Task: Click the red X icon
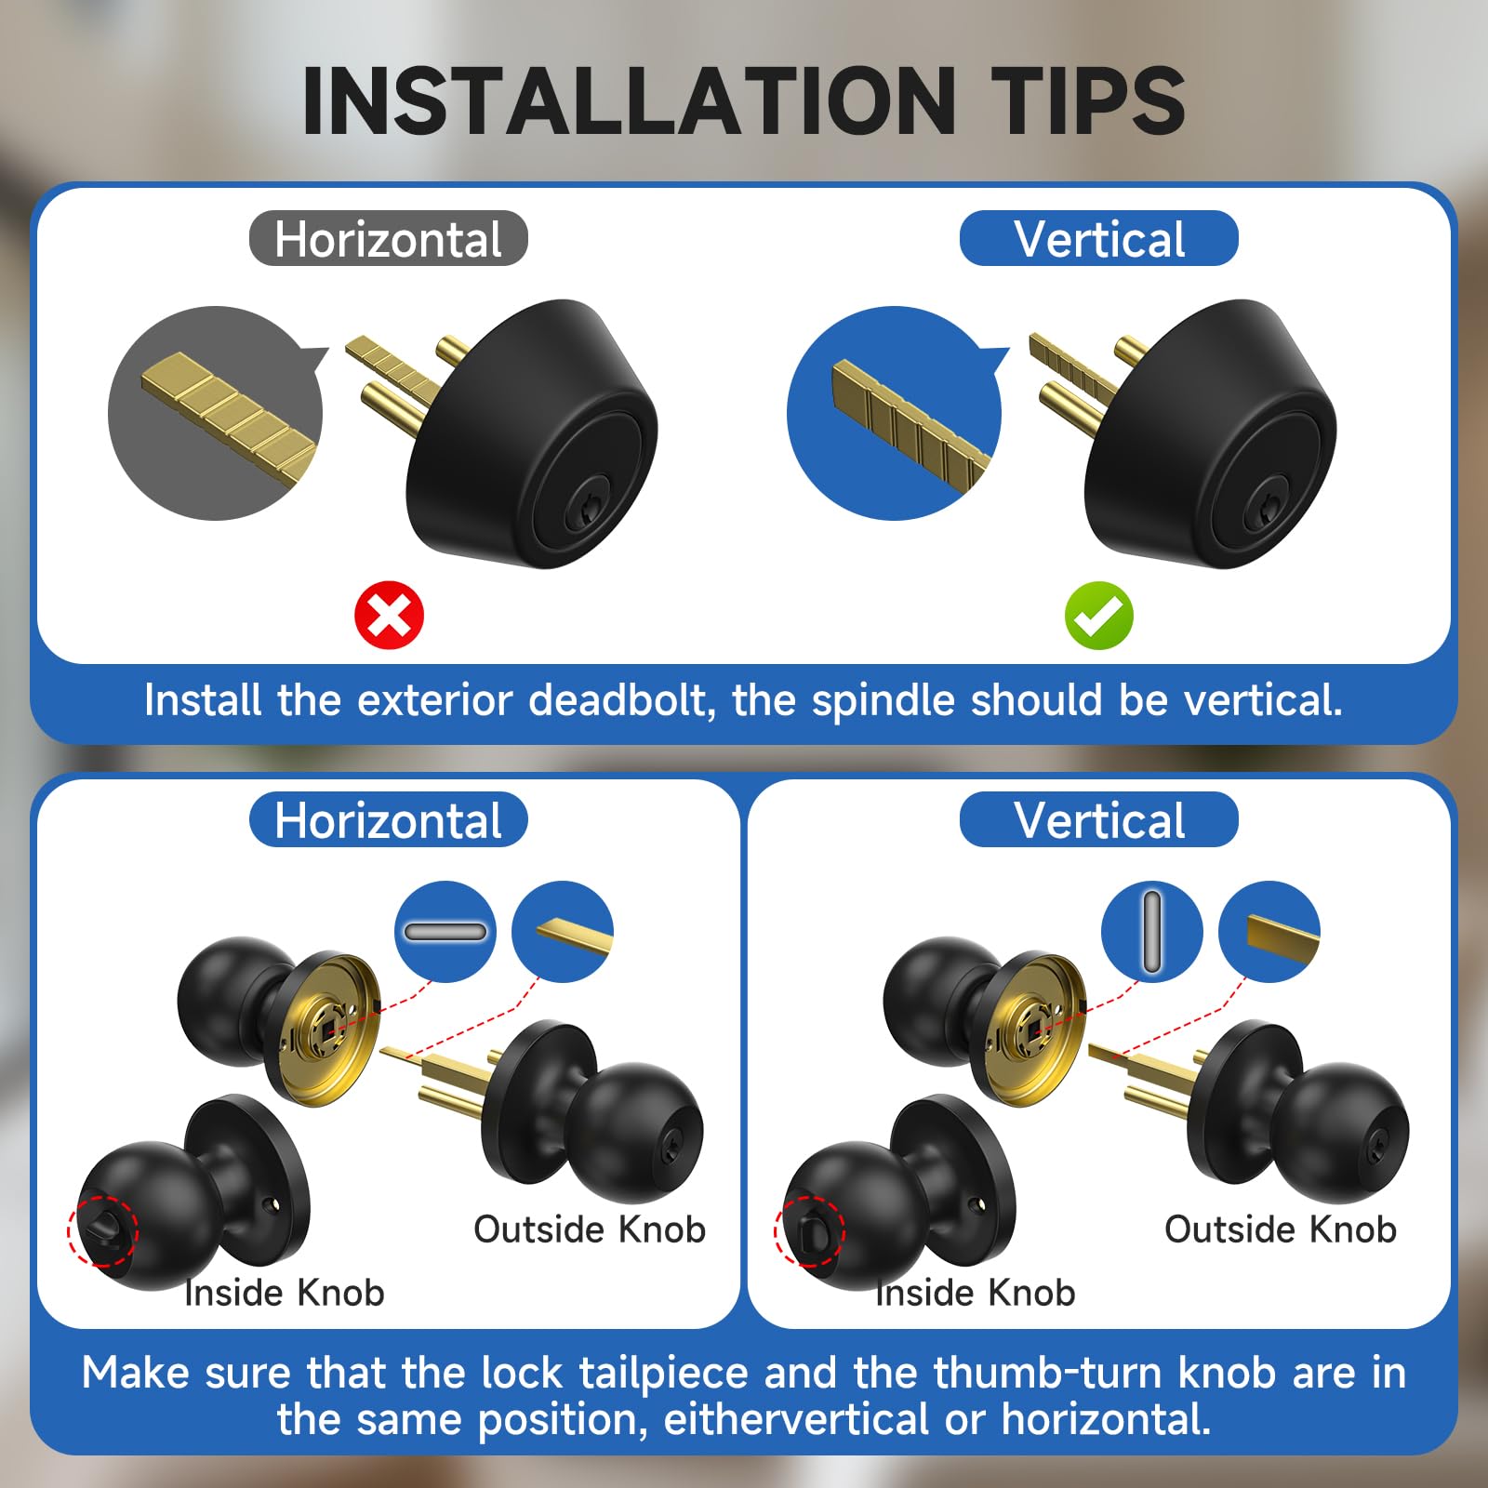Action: click(389, 615)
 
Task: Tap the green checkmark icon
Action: click(1098, 615)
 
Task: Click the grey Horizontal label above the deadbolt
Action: click(389, 238)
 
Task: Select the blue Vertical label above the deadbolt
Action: click(1098, 238)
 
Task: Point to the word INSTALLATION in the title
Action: click(629, 100)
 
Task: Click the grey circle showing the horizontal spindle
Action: click(217, 413)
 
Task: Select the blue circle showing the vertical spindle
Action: click(896, 413)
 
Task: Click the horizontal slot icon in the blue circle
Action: click(445, 932)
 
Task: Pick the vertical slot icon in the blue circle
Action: click(1152, 932)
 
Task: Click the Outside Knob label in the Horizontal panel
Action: click(590, 1229)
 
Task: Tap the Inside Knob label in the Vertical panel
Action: click(976, 1293)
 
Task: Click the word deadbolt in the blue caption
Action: click(622, 699)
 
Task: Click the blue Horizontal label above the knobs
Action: click(389, 819)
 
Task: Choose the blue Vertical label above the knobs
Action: click(1098, 819)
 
